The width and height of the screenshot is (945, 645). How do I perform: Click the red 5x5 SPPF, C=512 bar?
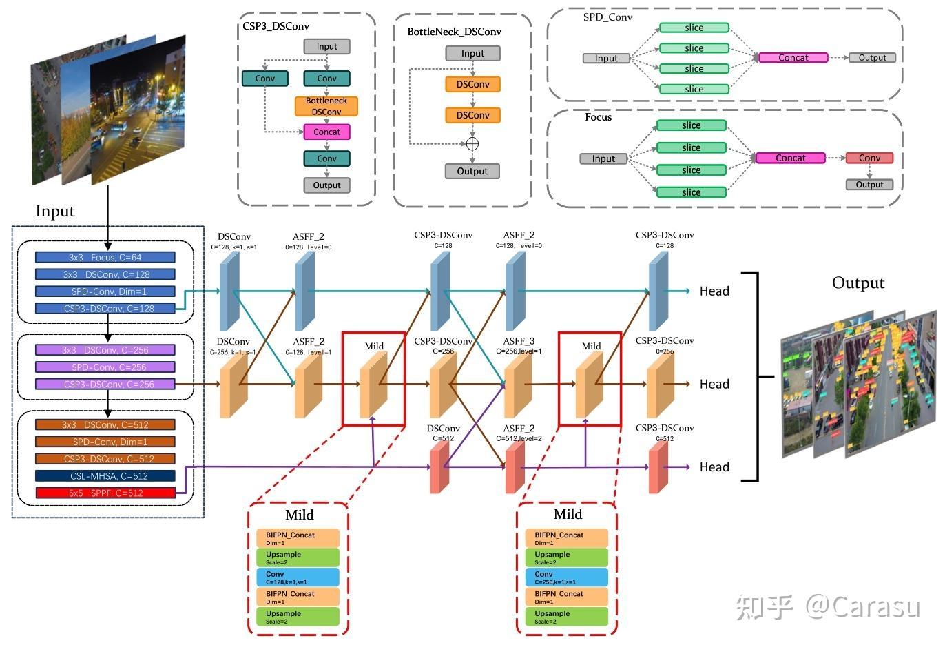(x=105, y=493)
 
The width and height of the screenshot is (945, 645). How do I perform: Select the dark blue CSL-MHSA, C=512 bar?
(x=105, y=475)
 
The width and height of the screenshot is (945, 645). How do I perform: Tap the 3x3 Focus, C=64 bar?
(x=105, y=257)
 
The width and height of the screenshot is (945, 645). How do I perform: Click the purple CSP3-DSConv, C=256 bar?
(x=105, y=384)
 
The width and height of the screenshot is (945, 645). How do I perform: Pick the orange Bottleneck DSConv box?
(x=326, y=106)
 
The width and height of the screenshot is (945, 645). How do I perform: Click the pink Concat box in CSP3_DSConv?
(x=326, y=132)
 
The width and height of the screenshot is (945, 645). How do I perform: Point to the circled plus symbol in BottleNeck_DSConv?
(x=473, y=143)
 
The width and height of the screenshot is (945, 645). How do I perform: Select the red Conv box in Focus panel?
(x=869, y=158)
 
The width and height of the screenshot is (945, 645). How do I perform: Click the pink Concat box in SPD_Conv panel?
(x=793, y=58)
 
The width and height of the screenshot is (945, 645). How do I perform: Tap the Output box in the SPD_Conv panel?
(x=872, y=58)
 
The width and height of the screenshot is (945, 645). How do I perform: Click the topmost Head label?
(x=714, y=291)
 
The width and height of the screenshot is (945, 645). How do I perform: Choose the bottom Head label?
(x=714, y=467)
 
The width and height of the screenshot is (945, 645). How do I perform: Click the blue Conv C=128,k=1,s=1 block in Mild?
(x=298, y=577)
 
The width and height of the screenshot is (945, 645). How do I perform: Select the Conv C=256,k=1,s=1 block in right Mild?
(x=567, y=577)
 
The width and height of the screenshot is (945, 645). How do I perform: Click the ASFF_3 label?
(x=519, y=341)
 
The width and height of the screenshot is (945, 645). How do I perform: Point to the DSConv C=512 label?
(x=443, y=429)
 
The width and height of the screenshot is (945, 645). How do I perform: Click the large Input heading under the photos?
(x=55, y=211)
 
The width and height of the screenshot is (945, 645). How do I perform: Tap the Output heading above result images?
(x=858, y=283)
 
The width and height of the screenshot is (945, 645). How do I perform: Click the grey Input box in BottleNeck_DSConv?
(x=473, y=54)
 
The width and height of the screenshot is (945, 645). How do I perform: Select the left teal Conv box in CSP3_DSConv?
(x=265, y=79)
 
